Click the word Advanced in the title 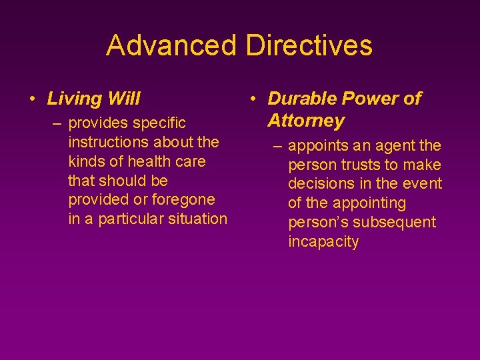(x=171, y=45)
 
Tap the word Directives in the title (x=309, y=45)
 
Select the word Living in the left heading (x=74, y=99)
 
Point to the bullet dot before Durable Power (x=253, y=99)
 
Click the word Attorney (x=306, y=121)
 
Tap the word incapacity (x=323, y=241)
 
